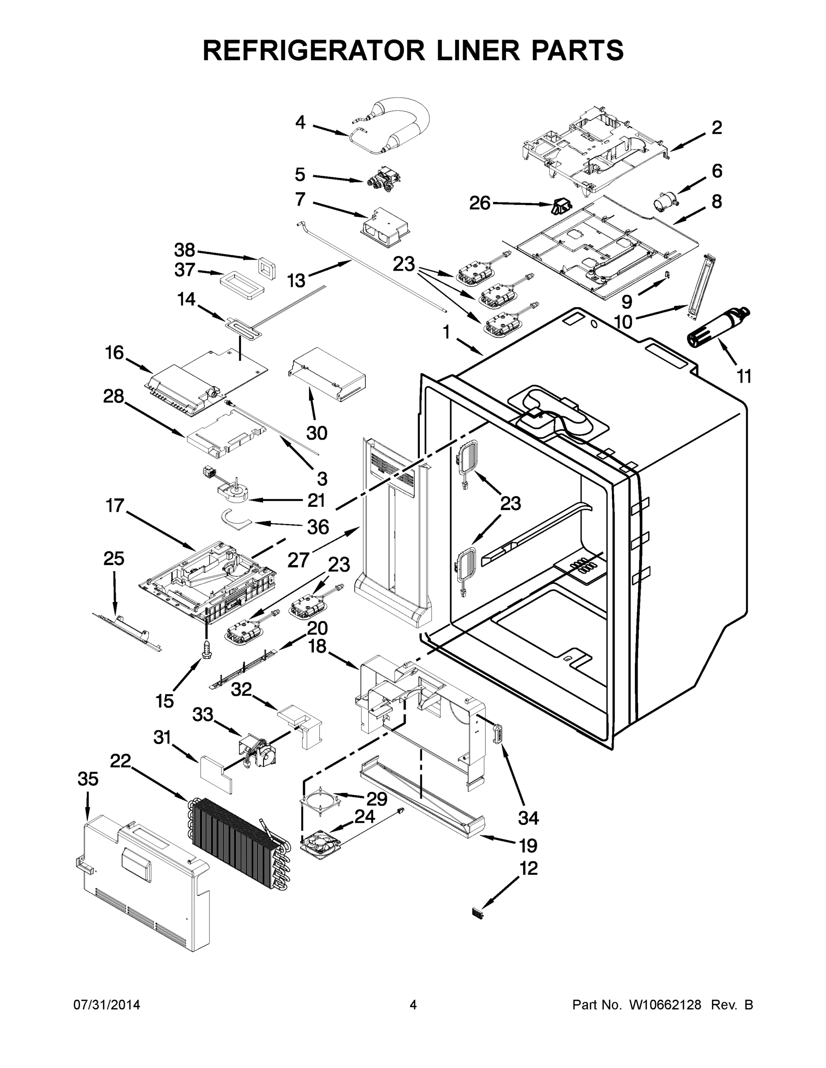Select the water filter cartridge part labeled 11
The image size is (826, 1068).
point(717,328)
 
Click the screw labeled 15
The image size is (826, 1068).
point(206,648)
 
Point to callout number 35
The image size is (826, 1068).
point(88,779)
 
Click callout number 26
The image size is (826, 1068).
point(480,203)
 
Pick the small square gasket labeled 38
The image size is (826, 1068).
point(266,267)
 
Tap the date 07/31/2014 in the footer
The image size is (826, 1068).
point(107,1005)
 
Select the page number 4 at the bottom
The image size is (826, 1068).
point(413,1005)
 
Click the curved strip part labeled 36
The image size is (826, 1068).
point(234,519)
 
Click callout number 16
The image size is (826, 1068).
point(114,352)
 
